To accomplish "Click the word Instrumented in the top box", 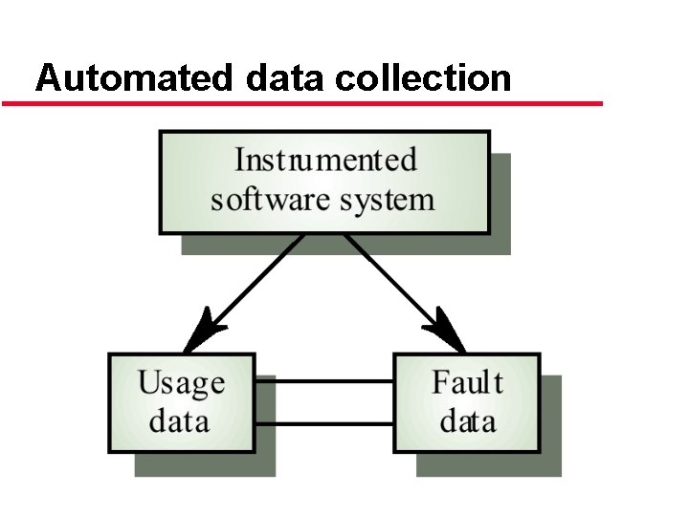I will [325, 159].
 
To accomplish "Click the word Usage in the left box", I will [181, 383].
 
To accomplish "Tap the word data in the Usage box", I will [179, 420].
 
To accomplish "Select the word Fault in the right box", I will [467, 383].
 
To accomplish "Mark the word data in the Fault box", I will [467, 420].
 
